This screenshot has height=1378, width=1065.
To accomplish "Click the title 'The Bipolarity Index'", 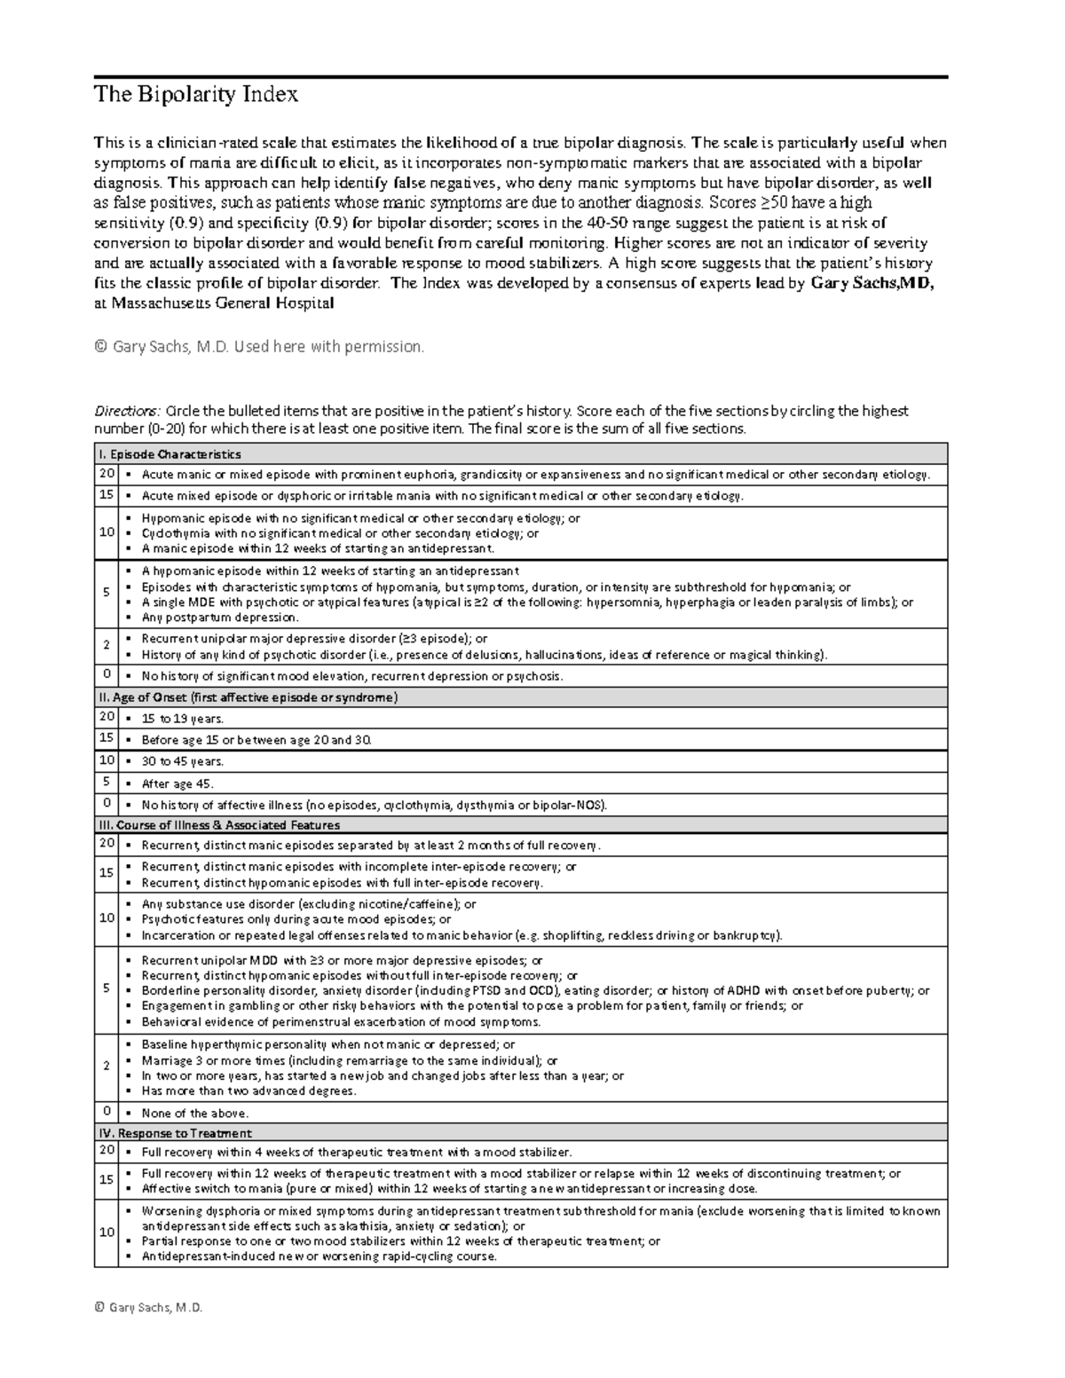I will tap(196, 95).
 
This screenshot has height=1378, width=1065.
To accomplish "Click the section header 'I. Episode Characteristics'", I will tap(169, 454).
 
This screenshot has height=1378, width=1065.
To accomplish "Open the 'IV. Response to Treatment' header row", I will tap(175, 1133).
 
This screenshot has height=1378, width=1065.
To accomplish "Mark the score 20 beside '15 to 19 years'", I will tap(106, 717).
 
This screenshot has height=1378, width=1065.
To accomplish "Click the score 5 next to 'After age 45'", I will tap(106, 783).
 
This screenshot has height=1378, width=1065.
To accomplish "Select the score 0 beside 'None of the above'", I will tap(106, 1112).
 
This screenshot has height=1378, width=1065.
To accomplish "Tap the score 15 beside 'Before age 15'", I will tap(106, 738).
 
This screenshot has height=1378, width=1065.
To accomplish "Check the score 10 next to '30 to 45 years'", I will tap(106, 760).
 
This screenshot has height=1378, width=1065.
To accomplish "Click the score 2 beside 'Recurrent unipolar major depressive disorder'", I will tap(106, 646).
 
